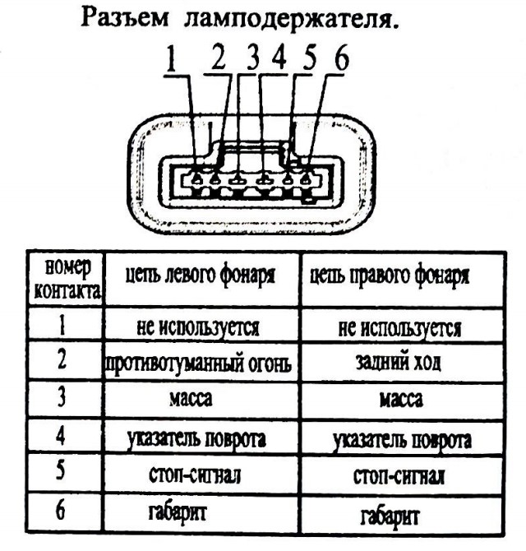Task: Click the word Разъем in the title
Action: (x=125, y=18)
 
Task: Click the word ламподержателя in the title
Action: (x=291, y=21)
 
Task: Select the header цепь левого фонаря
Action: (x=201, y=275)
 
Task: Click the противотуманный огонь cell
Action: (x=198, y=363)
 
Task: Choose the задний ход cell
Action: (x=398, y=362)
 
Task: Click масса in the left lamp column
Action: (x=191, y=399)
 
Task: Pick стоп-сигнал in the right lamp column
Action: (x=399, y=476)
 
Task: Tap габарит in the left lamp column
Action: (x=178, y=513)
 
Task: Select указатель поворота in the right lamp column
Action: (x=402, y=440)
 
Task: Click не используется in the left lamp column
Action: (x=198, y=327)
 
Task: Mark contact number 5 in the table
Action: (x=61, y=470)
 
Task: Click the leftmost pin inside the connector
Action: (x=197, y=179)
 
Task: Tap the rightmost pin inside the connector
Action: (x=307, y=179)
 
